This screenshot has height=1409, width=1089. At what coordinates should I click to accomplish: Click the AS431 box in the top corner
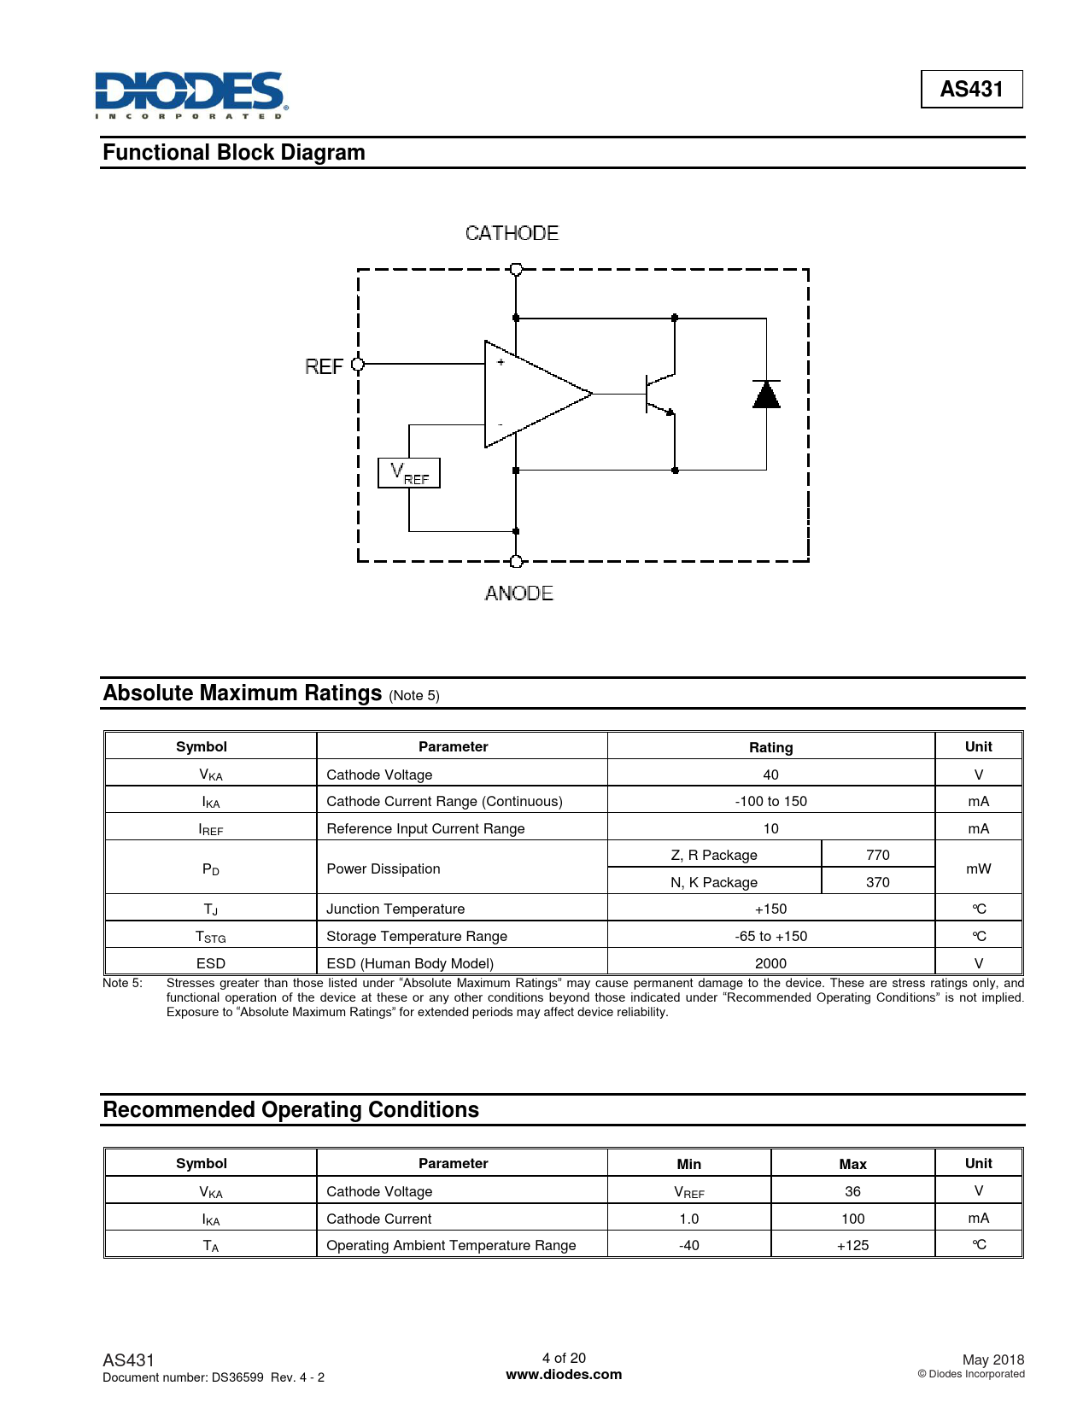(971, 89)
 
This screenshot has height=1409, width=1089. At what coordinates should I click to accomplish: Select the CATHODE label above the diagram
(512, 233)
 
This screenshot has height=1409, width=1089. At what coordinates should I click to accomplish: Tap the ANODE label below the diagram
(518, 593)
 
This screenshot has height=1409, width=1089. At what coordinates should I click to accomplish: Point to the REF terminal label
(324, 366)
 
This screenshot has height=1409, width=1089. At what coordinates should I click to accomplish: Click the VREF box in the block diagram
(409, 473)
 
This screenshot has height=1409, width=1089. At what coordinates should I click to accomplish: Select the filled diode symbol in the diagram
(766, 395)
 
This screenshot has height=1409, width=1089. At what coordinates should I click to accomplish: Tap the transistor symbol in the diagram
(659, 394)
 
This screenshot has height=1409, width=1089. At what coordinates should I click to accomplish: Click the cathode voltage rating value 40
(770, 775)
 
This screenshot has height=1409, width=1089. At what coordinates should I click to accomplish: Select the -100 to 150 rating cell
(770, 801)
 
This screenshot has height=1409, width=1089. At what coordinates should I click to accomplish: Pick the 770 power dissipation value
(877, 855)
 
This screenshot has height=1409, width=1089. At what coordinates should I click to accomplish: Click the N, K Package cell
(714, 882)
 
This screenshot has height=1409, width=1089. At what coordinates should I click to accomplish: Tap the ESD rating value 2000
(770, 963)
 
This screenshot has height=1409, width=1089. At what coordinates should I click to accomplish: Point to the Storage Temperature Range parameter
(417, 936)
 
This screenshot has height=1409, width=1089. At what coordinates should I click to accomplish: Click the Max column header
(852, 1164)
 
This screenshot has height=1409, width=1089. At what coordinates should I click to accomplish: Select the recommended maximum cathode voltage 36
(852, 1191)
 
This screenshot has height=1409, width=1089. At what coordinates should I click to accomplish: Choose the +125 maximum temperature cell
(852, 1245)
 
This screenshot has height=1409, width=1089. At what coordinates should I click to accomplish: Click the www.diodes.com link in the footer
(564, 1375)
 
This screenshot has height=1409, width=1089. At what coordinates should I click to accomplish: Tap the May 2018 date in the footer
(992, 1359)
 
